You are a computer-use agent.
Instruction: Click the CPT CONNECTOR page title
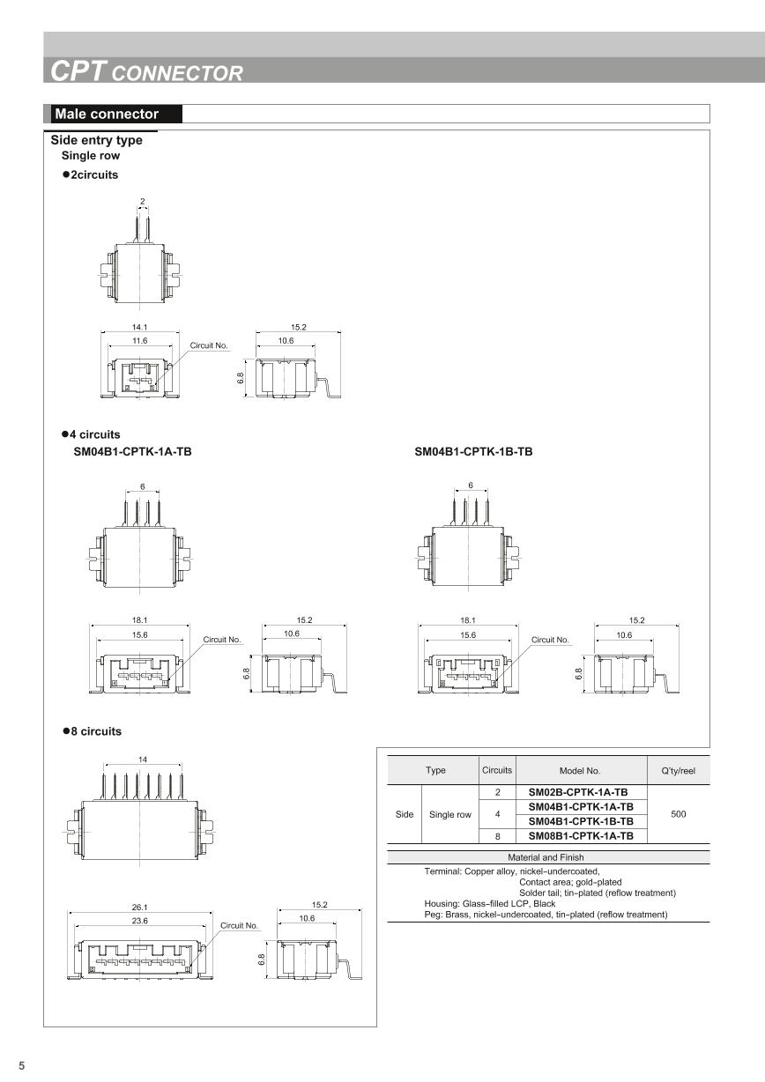pos(146,71)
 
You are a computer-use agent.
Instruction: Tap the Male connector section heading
pos(107,114)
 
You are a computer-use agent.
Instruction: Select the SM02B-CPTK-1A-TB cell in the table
pos(578,792)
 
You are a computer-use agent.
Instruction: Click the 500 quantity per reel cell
pos(678,814)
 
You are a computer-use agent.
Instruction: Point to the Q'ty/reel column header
pos(678,770)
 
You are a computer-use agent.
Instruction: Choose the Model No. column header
pos(580,770)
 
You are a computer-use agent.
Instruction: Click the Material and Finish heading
pos(546,857)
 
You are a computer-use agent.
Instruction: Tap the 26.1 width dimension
pos(139,908)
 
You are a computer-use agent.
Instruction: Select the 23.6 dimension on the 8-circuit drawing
pos(139,920)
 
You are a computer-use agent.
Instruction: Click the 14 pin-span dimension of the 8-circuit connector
pos(143,759)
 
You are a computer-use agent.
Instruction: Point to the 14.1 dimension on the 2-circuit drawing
pos(139,327)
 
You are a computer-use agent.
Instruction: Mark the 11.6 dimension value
pos(139,340)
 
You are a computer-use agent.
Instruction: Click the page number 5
pos(22,1065)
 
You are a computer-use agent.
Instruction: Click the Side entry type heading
pos(96,140)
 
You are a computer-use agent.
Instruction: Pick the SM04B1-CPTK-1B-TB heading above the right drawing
pos(473,452)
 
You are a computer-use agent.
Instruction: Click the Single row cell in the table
pos(450,814)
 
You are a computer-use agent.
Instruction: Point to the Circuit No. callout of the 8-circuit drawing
pos(239,926)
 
